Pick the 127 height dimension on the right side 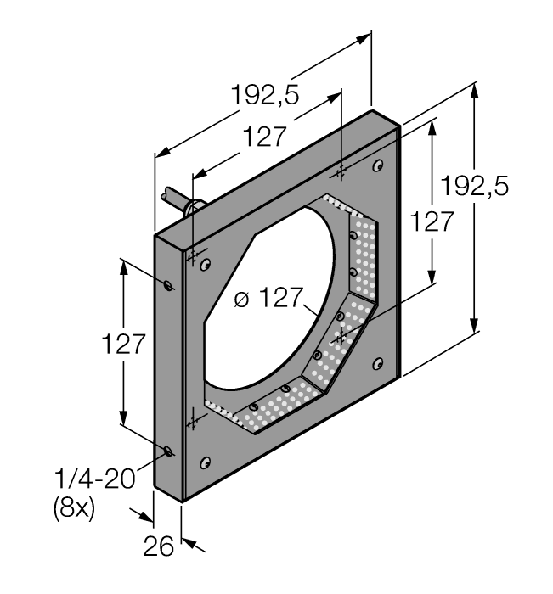pyautogui.click(x=432, y=223)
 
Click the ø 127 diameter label pyautogui.click(x=268, y=299)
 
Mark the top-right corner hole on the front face pyautogui.click(x=378, y=165)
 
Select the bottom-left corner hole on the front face pyautogui.click(x=205, y=462)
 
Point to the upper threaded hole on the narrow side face pyautogui.click(x=170, y=285)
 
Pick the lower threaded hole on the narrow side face pyautogui.click(x=169, y=451)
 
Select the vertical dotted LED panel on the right pyautogui.click(x=363, y=255)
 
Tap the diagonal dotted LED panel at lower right pyautogui.click(x=336, y=348)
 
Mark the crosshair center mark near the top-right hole pyautogui.click(x=341, y=173)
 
